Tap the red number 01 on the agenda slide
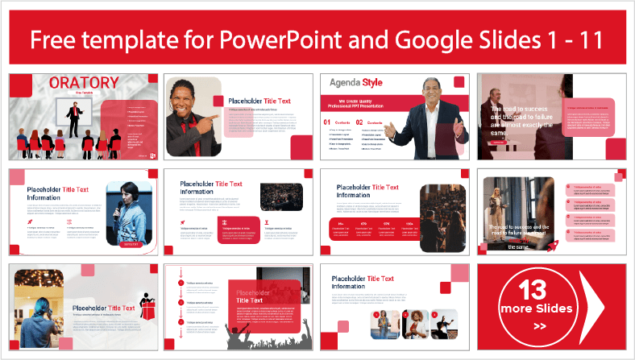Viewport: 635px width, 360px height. click(327, 122)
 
